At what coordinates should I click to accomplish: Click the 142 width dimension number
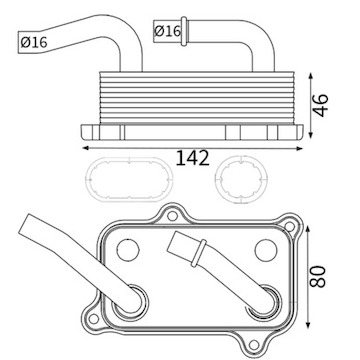pyautogui.click(x=193, y=158)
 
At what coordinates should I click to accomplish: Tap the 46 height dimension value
pyautogui.click(x=321, y=105)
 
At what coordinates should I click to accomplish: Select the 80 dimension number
pyautogui.click(x=317, y=276)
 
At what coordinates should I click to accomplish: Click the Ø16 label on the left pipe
pyautogui.click(x=34, y=42)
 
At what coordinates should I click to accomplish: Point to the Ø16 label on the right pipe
pyautogui.click(x=167, y=31)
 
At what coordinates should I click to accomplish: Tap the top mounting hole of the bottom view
pyautogui.click(x=172, y=216)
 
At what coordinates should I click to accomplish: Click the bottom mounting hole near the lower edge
pyautogui.click(x=254, y=345)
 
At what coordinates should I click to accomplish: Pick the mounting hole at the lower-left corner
pyautogui.click(x=94, y=318)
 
